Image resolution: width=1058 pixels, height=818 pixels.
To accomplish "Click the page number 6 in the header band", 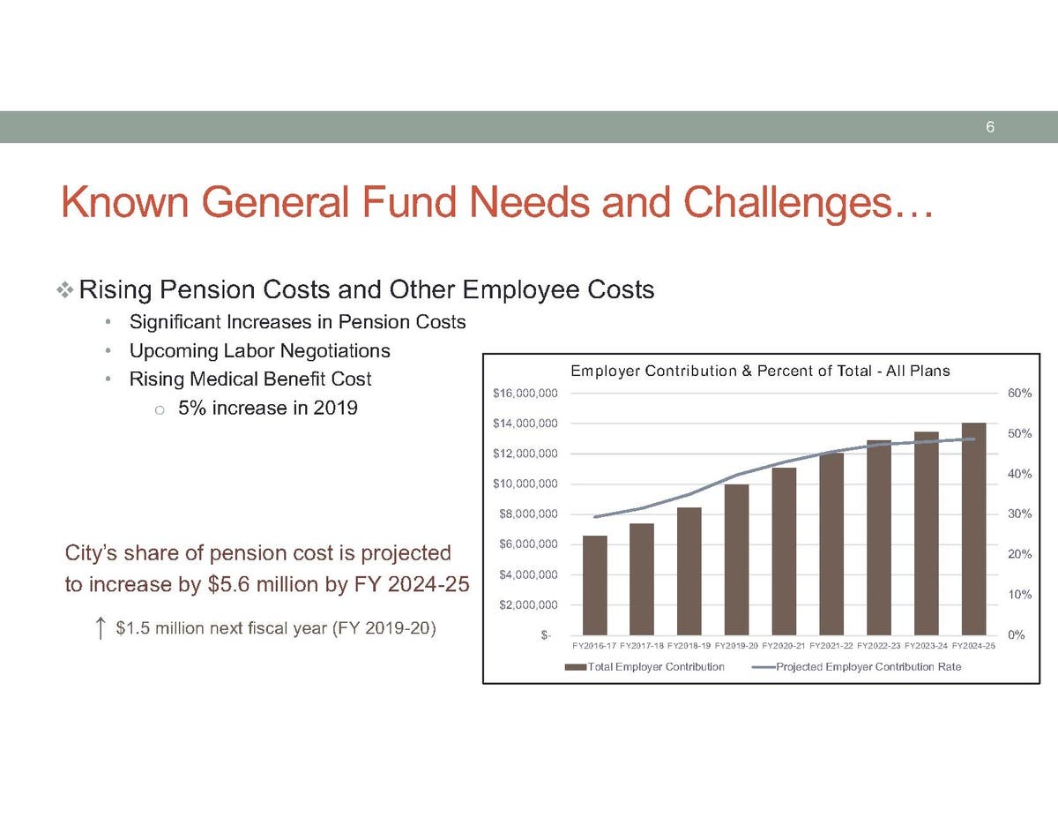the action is point(990,127).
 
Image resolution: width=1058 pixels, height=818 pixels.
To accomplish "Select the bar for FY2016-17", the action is point(594,585).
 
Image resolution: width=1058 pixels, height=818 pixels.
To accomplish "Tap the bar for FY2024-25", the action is point(973,529).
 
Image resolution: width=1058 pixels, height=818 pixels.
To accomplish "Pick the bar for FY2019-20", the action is point(737,559).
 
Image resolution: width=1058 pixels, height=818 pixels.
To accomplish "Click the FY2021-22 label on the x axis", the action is point(831,646).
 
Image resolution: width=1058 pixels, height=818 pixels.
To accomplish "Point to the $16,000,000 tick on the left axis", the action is point(525,394).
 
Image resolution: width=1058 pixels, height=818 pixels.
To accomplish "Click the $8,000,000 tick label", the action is point(528,514).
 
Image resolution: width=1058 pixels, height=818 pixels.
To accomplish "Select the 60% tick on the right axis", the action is point(1019,393).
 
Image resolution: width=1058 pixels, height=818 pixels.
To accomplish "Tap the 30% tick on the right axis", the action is point(1019,514).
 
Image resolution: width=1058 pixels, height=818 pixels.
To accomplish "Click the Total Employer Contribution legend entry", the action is point(644,666).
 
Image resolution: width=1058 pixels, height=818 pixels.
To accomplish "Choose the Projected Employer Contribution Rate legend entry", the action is point(857,666).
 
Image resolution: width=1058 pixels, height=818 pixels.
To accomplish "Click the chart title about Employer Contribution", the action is point(760,371).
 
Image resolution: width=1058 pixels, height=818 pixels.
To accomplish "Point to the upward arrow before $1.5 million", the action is point(100,627).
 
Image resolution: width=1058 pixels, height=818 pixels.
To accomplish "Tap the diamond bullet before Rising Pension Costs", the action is point(64,290).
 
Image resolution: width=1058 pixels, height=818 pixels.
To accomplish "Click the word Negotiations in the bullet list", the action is point(335,351).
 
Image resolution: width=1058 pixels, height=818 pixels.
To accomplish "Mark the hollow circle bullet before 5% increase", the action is point(160,410).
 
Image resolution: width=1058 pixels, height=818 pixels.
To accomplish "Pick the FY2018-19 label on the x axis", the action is point(689,646).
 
